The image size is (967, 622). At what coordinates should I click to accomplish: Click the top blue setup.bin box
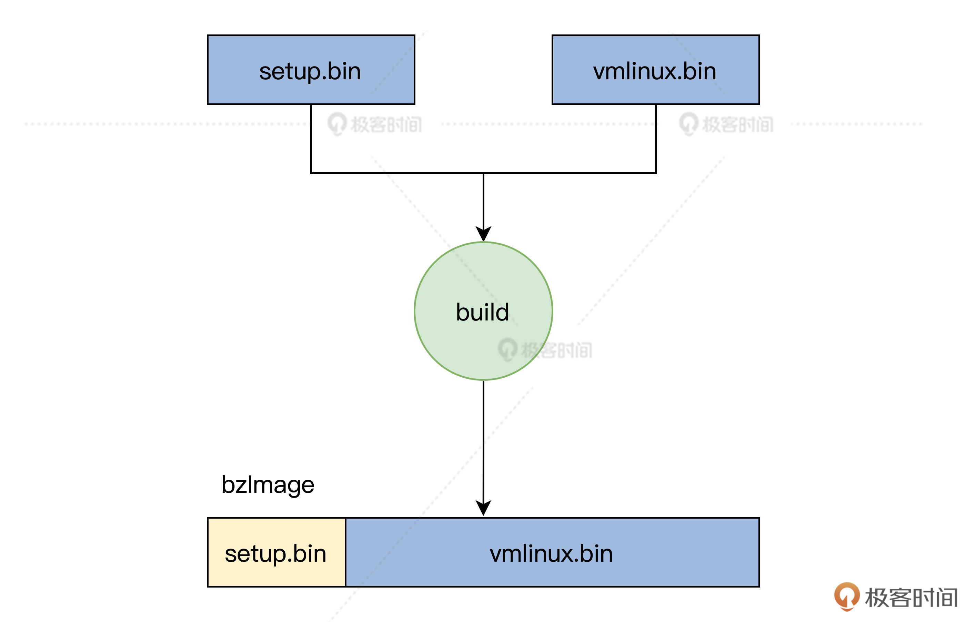311,70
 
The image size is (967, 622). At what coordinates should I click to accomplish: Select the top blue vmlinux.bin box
655,70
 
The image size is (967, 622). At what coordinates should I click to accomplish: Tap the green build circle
483,311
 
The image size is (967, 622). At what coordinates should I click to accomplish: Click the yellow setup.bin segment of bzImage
276,552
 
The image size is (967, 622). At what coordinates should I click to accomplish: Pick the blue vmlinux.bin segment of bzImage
552,552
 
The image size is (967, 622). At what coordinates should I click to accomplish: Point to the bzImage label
268,485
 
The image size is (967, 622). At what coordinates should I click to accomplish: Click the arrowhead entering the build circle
483,234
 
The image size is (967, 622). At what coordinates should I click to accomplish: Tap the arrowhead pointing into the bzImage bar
483,508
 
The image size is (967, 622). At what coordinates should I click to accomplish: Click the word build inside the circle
483,312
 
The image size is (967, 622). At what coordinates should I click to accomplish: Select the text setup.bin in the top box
310,72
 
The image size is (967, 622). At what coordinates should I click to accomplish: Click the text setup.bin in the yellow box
275,554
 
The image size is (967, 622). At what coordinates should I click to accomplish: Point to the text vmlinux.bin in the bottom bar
551,554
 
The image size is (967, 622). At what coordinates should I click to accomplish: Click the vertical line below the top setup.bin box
311,139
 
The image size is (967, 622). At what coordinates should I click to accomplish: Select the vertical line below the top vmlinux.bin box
655,139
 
